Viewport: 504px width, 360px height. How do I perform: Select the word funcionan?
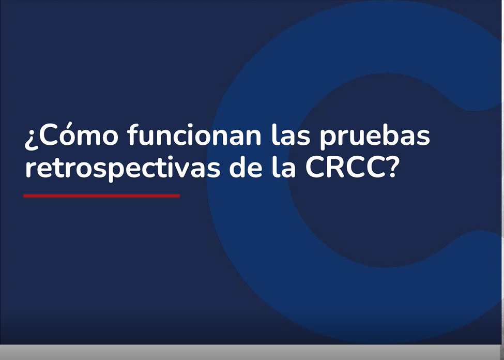[x=194, y=134]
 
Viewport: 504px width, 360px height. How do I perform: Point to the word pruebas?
[x=375, y=137]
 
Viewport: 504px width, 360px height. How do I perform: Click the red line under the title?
[x=101, y=196]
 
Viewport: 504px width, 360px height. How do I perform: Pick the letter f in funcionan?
[x=133, y=134]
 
